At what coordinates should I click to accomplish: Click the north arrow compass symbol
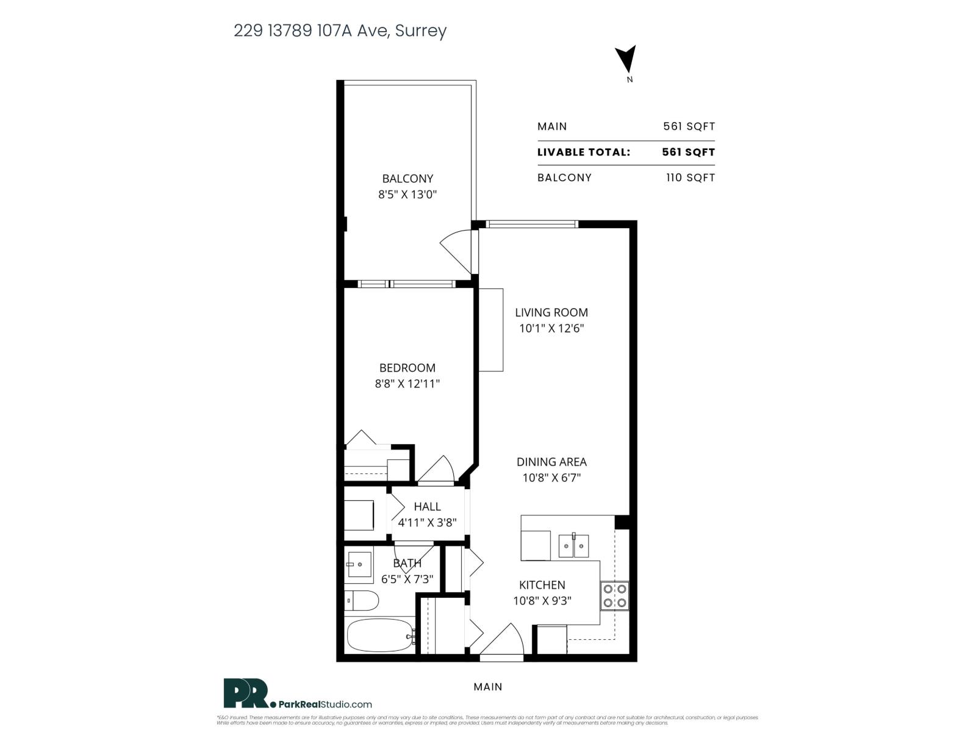click(627, 60)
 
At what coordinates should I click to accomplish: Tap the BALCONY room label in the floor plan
click(407, 179)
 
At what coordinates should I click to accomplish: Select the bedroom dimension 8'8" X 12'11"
click(407, 384)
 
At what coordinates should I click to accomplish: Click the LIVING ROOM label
click(551, 312)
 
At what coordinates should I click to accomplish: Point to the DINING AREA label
click(551, 462)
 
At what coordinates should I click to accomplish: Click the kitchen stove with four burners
click(614, 596)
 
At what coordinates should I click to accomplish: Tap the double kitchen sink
click(574, 546)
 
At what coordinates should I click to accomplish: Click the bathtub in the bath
click(379, 636)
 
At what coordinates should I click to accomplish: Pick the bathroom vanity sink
click(359, 565)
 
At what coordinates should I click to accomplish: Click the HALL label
click(427, 506)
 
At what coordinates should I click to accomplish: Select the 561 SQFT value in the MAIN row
click(689, 126)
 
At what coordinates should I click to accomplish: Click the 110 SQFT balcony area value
click(690, 178)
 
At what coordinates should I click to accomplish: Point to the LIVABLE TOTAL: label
click(583, 152)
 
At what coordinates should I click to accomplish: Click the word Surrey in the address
click(421, 30)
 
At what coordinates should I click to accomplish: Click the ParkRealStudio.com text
click(326, 705)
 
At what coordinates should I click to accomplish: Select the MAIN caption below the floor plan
click(488, 687)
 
